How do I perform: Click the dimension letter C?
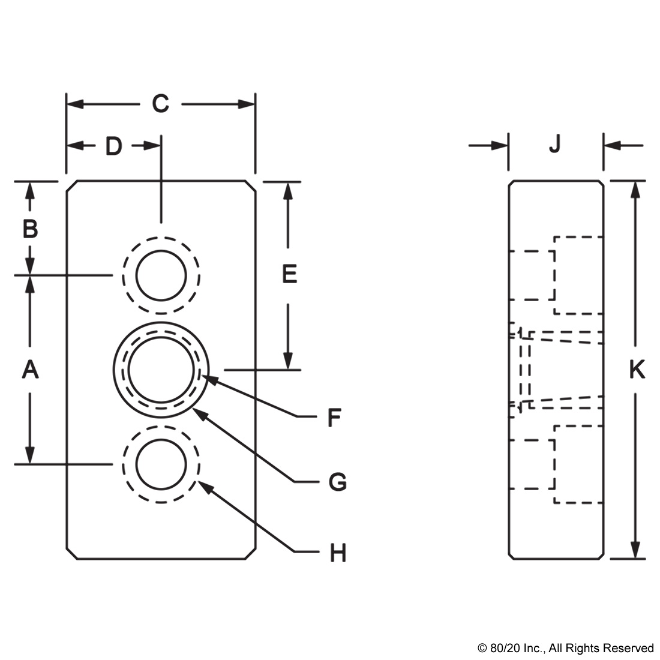click(160, 104)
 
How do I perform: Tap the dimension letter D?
click(113, 146)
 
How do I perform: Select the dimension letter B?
click(31, 229)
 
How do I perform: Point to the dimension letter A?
click(31, 370)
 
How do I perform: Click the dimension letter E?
click(289, 274)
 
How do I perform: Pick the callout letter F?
click(334, 418)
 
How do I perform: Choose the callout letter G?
click(338, 482)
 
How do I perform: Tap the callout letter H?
click(338, 553)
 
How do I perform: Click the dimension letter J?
click(555, 144)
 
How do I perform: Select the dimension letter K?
click(637, 370)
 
